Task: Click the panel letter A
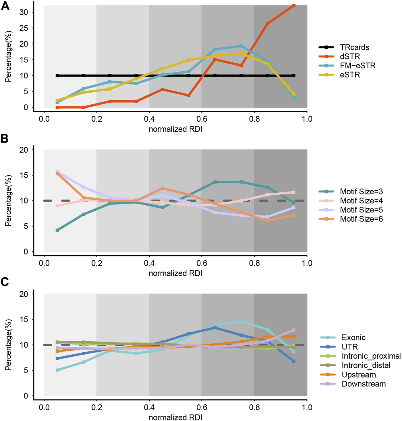click(x=5, y=5)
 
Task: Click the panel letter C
click(x=5, y=282)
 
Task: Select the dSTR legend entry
click(x=350, y=57)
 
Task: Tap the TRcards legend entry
click(x=354, y=47)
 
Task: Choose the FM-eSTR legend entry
click(x=357, y=66)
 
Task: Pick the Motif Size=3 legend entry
click(x=361, y=192)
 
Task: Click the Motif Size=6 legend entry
click(x=361, y=219)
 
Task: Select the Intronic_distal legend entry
click(x=366, y=365)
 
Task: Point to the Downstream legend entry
click(x=364, y=384)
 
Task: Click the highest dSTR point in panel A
click(x=293, y=6)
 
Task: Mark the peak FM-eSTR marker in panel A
click(x=241, y=46)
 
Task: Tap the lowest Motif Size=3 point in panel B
click(x=57, y=230)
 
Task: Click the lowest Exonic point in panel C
click(x=57, y=370)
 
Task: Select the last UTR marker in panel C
click(x=293, y=361)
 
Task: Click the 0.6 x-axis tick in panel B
click(x=202, y=263)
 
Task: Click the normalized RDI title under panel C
click(x=175, y=417)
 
